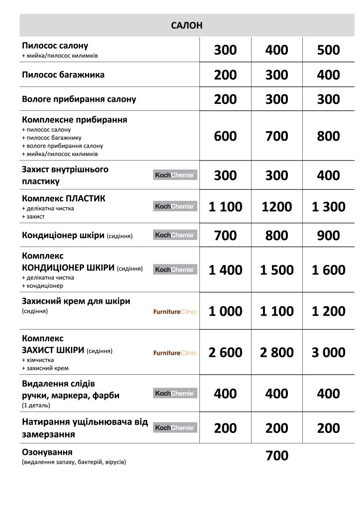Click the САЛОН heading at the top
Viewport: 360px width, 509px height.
[x=186, y=26]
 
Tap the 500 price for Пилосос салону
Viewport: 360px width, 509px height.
[x=328, y=50]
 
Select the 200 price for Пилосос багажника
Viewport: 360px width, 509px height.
[x=225, y=75]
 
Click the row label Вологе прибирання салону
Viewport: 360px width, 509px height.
[x=79, y=99]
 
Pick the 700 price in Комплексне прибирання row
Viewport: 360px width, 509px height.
[x=277, y=136]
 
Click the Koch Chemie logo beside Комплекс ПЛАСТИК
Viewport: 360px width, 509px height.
[x=175, y=206]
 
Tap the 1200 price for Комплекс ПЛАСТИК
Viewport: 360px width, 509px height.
[x=277, y=206]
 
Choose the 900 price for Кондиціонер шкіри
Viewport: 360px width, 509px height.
[x=328, y=236]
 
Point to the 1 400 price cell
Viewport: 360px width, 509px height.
[x=225, y=270]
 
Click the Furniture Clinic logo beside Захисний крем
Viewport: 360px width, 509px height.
[x=175, y=312]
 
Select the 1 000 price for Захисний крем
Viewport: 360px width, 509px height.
[x=225, y=311]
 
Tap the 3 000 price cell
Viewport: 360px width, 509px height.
[x=328, y=352]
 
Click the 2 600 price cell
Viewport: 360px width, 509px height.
[x=225, y=352]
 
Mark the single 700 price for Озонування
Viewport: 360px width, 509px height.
[x=277, y=455]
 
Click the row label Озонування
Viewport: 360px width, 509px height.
[x=48, y=452]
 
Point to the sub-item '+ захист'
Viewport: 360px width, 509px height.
[x=33, y=217]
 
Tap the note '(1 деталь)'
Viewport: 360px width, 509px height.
[x=36, y=405]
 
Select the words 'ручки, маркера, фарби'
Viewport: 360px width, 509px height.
[x=71, y=396]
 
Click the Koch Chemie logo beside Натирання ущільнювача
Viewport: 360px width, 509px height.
[x=175, y=427]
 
